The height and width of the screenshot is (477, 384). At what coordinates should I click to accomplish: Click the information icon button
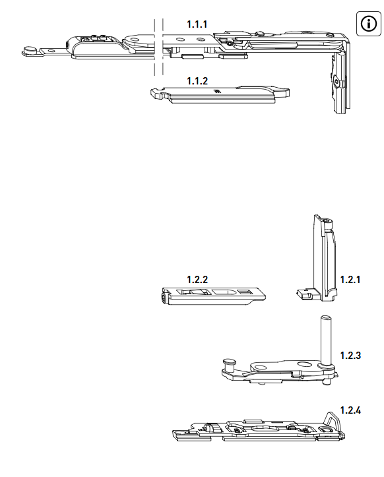368,24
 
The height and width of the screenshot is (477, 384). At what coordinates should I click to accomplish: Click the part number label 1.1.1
197,24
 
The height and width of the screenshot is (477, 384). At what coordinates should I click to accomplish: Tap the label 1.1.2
197,81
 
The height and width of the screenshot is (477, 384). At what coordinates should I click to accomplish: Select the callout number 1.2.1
350,280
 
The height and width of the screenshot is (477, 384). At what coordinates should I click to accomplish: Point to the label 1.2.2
197,280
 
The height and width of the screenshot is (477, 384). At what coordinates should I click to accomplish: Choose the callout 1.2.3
350,356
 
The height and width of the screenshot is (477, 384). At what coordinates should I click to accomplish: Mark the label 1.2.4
350,410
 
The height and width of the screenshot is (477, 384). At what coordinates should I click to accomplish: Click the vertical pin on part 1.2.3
325,340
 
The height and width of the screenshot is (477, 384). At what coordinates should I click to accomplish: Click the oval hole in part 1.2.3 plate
304,364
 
